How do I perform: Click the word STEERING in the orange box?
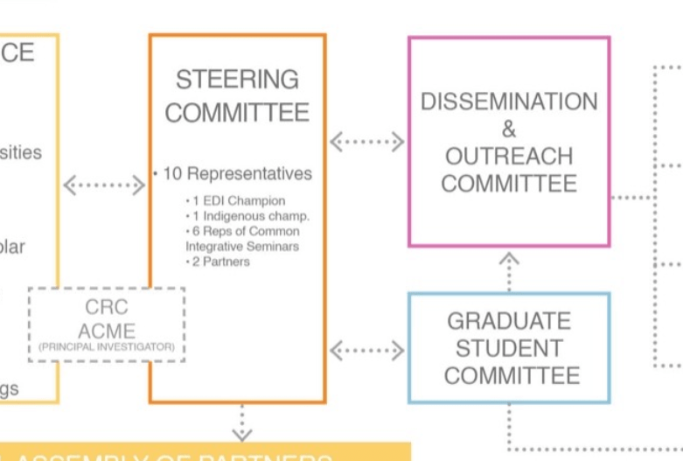point(237,80)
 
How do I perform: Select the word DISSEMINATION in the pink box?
point(509,101)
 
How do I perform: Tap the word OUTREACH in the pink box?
point(509,157)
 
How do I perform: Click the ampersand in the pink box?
point(509,129)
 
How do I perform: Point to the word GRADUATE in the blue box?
point(509,321)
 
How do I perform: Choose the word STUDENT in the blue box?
point(509,348)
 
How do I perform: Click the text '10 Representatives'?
point(236,174)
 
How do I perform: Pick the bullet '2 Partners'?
point(220,262)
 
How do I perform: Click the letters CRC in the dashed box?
point(107,308)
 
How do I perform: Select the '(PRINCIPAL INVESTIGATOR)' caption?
point(107,347)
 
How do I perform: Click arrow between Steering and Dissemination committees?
point(366,141)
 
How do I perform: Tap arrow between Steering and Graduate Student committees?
point(366,351)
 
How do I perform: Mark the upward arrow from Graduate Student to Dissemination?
point(509,271)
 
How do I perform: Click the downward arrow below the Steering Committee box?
point(241,423)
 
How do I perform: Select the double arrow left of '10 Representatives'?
point(104,185)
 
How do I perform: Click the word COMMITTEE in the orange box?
point(237,113)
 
